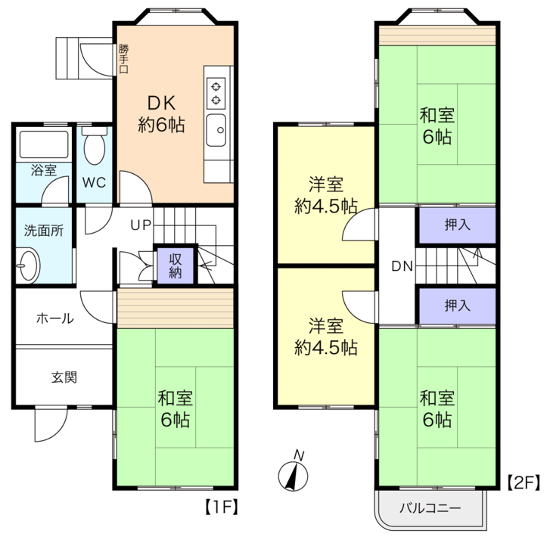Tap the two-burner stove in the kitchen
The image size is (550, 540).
(x=216, y=92)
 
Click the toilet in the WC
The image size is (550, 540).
(x=95, y=147)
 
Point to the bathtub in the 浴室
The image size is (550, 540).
(x=43, y=144)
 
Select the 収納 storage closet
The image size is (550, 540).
(x=175, y=265)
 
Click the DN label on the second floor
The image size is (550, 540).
(x=402, y=266)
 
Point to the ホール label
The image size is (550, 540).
(x=54, y=318)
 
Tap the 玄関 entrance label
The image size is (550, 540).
(x=64, y=377)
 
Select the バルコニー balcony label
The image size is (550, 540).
(x=430, y=507)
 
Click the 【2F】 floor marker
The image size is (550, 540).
(x=522, y=481)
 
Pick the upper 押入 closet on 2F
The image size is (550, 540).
(x=456, y=225)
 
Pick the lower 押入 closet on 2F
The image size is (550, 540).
(x=456, y=306)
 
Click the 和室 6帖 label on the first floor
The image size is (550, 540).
(x=174, y=408)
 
